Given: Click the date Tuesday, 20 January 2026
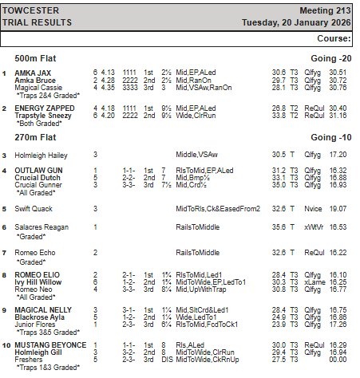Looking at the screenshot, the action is click(299, 23).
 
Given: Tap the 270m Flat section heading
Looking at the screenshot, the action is click(38, 137).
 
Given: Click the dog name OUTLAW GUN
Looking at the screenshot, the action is click(36, 170).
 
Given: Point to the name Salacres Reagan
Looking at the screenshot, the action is click(42, 227).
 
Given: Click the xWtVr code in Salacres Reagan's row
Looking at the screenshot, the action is click(314, 227).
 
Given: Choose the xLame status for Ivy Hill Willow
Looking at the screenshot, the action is click(314, 282).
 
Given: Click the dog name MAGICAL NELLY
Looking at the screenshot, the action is click(39, 309).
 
